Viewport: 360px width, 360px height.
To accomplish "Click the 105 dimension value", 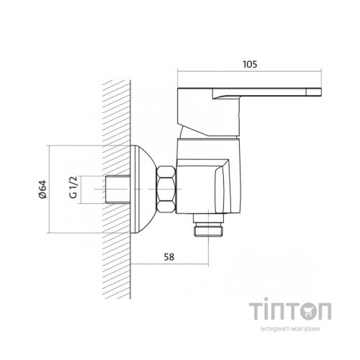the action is (x=250, y=64).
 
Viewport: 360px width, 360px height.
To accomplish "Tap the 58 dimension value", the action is (x=169, y=257).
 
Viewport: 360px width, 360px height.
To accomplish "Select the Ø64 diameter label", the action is (x=42, y=189).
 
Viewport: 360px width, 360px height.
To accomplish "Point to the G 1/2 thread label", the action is (x=73, y=187).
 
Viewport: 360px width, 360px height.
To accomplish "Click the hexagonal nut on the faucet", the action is (x=166, y=189).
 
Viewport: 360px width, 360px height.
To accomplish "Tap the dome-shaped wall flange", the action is (x=143, y=189).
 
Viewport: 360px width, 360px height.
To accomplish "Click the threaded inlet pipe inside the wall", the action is (x=118, y=189).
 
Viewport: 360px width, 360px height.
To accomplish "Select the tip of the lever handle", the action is (x=321, y=92).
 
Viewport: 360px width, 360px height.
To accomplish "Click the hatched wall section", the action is (x=117, y=189).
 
